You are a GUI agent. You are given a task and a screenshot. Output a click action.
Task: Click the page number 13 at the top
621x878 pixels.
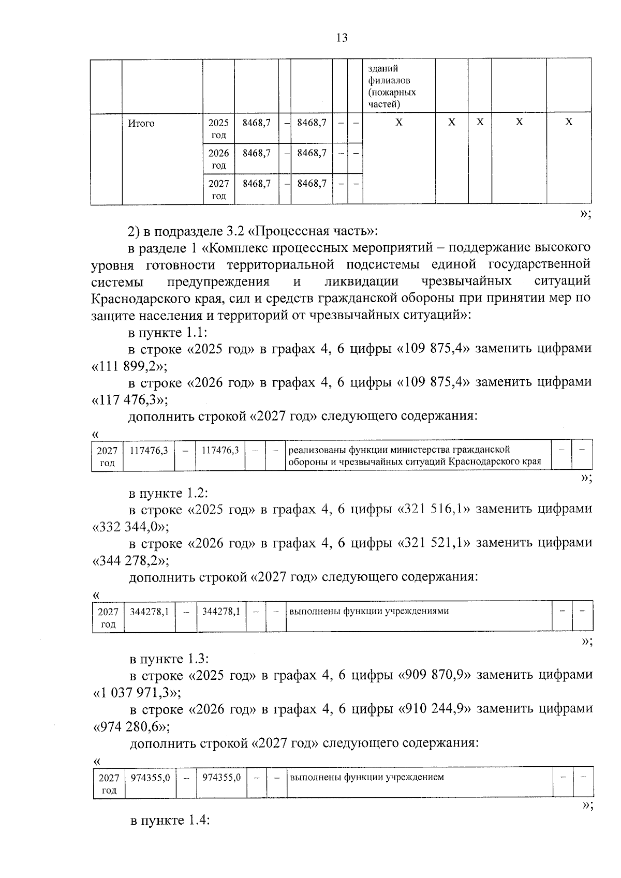click(342, 38)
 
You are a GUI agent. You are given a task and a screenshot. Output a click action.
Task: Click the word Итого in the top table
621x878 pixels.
click(141, 124)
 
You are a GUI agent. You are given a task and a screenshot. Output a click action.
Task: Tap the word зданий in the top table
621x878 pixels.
click(382, 69)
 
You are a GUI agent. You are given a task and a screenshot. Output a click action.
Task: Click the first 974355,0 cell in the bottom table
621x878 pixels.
click(150, 778)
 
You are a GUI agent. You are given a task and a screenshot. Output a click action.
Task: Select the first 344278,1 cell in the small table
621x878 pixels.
click(149, 612)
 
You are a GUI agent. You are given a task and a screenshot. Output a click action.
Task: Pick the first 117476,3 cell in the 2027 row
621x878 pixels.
click(149, 451)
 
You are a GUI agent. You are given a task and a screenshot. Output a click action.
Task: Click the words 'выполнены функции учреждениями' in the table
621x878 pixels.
click(369, 611)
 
